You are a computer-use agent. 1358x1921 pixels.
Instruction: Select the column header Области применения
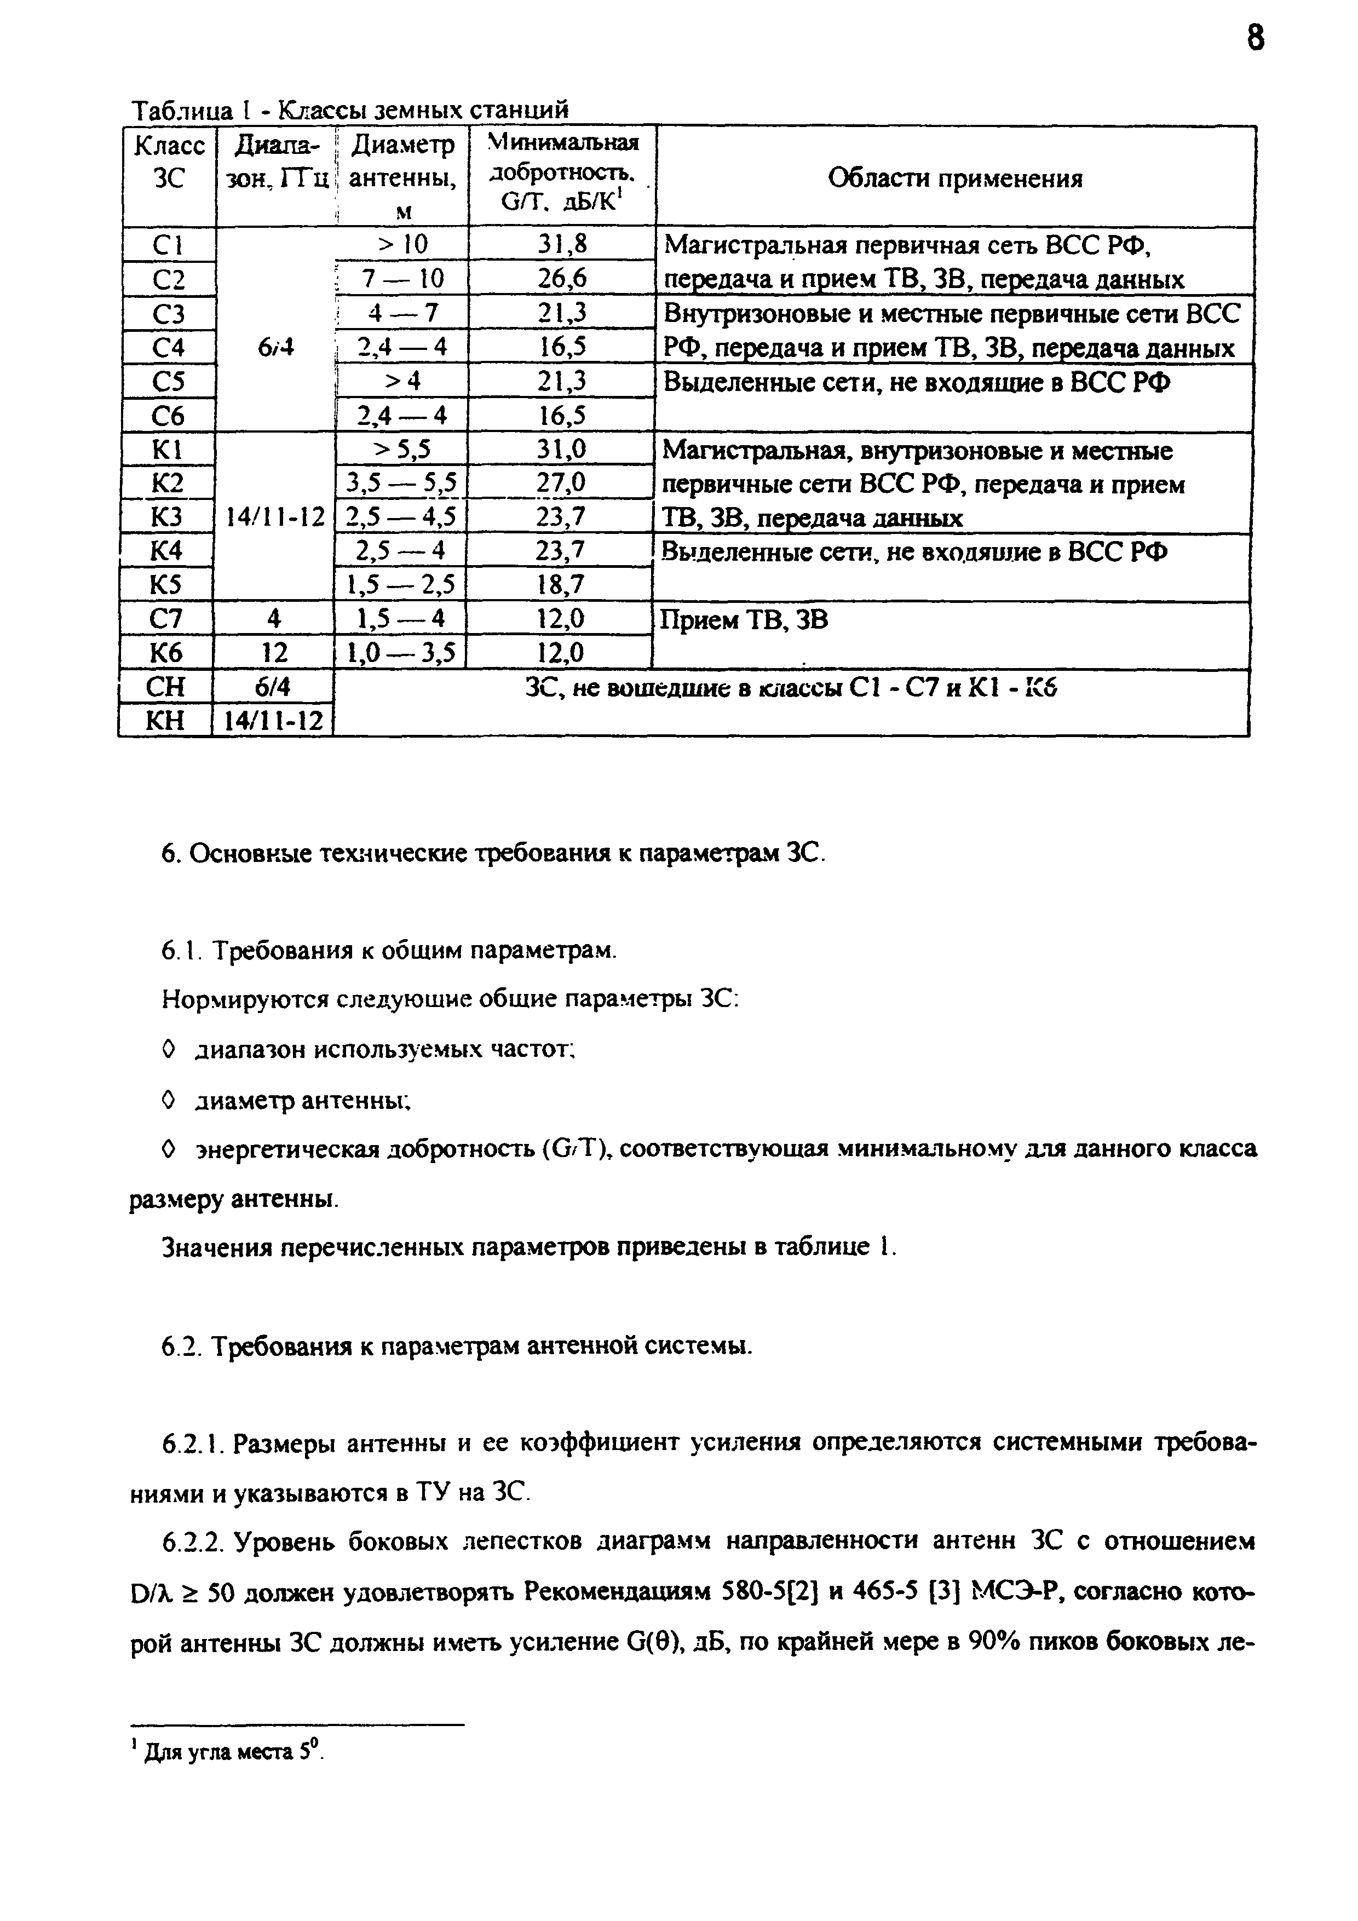click(x=954, y=178)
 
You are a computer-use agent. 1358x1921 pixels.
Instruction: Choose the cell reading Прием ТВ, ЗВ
click(x=745, y=620)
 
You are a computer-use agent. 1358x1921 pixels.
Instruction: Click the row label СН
click(x=166, y=688)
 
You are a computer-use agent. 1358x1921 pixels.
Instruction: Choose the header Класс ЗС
click(x=169, y=162)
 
